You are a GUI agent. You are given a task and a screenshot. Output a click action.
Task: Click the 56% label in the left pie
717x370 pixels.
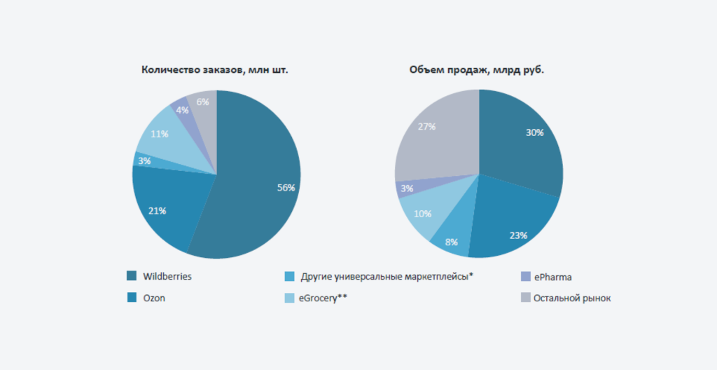coord(286,188)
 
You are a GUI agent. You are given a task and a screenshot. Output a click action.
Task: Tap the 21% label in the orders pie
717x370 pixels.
coord(157,210)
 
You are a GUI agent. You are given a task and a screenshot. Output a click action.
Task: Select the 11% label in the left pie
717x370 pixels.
coord(158,134)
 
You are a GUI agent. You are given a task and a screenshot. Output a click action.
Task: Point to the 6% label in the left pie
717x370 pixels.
coord(202,102)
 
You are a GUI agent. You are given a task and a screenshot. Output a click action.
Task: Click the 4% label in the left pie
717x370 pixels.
coord(182,110)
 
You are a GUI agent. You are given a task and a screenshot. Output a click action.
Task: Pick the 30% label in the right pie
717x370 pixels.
coord(534,132)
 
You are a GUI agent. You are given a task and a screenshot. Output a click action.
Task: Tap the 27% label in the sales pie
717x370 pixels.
coord(426,127)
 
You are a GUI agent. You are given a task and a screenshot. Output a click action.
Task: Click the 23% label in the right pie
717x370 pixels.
coord(518,235)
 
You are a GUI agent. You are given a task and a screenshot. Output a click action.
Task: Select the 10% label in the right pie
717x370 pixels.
coord(422,214)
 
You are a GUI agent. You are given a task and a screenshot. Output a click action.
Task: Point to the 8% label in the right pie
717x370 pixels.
coord(452,242)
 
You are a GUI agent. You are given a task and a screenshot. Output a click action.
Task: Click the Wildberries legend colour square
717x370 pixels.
coord(132,276)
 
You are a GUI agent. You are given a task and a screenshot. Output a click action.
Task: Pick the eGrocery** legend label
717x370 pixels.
coord(323,298)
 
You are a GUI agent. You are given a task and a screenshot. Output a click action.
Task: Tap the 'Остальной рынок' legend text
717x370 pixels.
coord(572,298)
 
